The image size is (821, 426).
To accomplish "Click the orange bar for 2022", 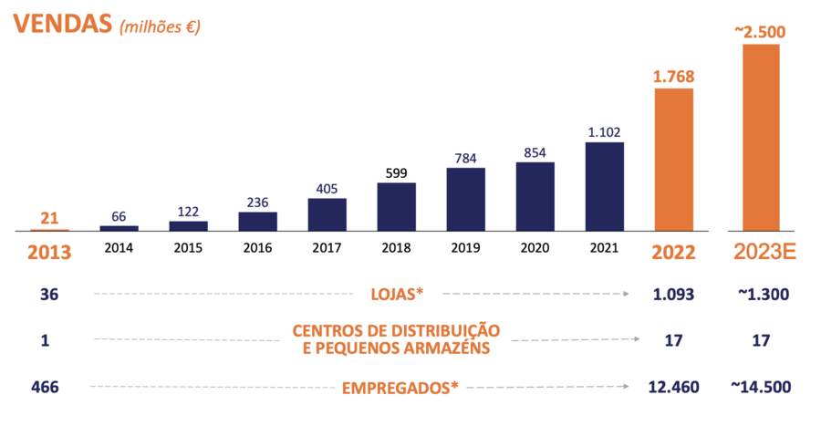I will tap(673, 159).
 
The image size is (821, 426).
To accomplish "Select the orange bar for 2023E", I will tap(760, 137).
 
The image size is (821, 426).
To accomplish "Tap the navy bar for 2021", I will tap(604, 186).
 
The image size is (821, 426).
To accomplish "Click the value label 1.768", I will tap(673, 76).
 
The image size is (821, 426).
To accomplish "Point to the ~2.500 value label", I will tap(760, 32).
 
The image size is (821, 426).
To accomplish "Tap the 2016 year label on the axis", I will tap(257, 248).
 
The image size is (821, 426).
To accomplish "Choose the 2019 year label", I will tap(465, 248).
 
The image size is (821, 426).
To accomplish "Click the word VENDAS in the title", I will tap(58, 24).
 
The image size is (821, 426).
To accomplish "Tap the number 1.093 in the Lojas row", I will tap(675, 294).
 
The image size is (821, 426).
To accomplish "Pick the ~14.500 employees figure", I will tap(761, 387).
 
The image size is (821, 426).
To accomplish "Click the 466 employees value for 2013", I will tap(44, 387).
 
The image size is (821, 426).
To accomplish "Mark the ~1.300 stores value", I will tap(761, 294).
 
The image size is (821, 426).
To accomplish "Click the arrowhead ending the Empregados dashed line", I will tap(626, 387).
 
